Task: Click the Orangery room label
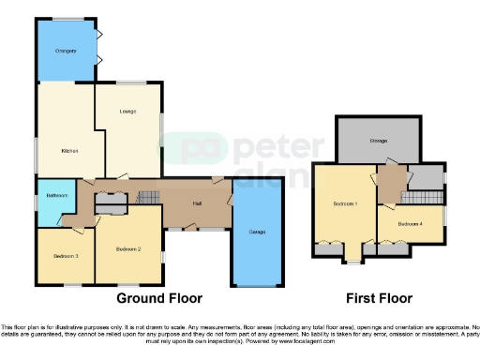tap(65, 51)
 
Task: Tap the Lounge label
tap(127, 112)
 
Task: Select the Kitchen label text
tap(68, 151)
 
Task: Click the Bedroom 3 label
tap(65, 256)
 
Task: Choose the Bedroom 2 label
tap(127, 249)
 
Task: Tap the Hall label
tap(198, 203)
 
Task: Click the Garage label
tap(256, 232)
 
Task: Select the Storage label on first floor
tap(379, 142)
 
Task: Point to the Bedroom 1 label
tap(345, 203)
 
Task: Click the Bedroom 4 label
tap(410, 224)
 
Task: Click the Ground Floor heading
tap(159, 299)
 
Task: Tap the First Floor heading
tap(379, 299)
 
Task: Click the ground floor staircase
tap(149, 197)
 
